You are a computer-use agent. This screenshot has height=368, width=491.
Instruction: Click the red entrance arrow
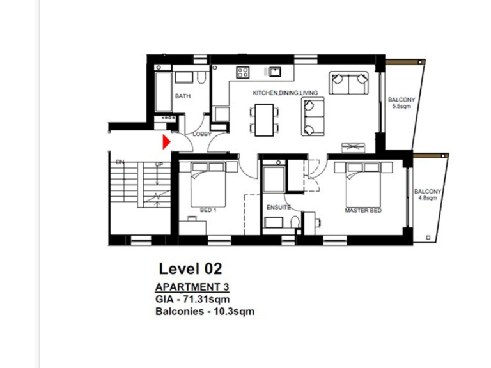point(167,142)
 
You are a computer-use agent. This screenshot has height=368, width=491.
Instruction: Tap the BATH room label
point(183,96)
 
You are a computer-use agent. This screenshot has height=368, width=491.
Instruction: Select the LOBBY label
point(202,134)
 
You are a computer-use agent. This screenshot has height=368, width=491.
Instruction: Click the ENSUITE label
point(278,208)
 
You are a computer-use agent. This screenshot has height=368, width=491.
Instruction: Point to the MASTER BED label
point(363,210)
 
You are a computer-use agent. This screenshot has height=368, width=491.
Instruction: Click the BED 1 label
point(208,210)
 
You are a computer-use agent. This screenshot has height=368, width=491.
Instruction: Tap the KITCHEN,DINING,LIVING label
point(285,93)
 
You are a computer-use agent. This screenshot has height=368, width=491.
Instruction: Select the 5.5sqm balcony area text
point(401,107)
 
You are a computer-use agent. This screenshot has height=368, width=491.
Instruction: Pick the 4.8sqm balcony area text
point(426,199)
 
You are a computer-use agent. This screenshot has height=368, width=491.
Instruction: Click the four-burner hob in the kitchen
point(243,72)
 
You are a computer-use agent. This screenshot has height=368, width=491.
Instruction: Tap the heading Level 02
point(190,268)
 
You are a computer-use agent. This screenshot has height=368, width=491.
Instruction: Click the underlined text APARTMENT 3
point(192,286)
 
